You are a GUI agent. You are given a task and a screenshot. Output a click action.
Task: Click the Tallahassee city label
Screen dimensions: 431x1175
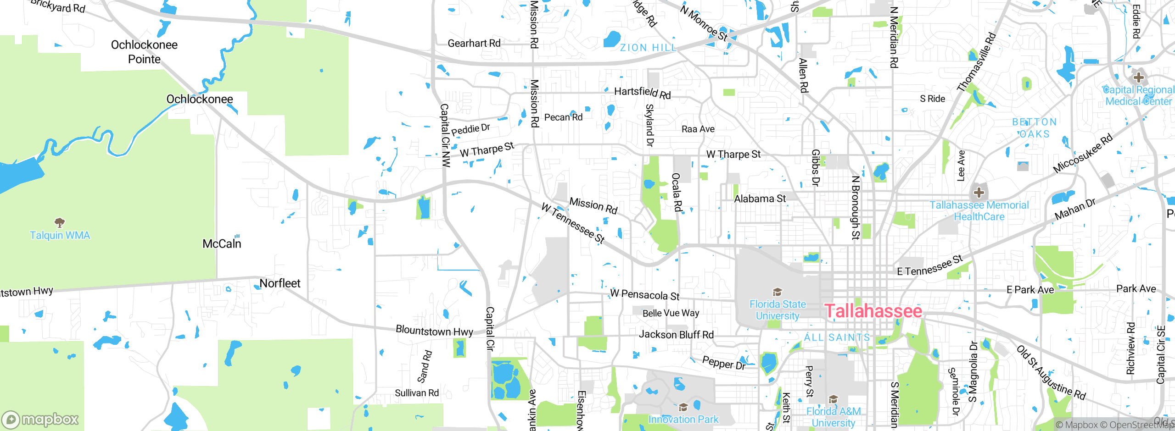coord(873,311)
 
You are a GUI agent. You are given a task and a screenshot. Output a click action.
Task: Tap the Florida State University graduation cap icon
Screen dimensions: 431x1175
coord(777,292)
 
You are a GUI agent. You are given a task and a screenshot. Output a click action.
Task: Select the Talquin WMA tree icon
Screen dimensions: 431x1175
coord(59,223)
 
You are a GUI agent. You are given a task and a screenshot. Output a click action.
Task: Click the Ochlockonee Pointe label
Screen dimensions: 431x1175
coord(144,52)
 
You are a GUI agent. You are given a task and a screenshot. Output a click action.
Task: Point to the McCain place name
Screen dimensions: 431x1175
coord(222,243)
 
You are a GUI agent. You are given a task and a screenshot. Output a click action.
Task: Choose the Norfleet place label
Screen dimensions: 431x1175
coord(280,283)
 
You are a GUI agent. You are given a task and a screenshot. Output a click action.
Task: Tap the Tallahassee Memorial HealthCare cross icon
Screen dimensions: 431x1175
coord(979,192)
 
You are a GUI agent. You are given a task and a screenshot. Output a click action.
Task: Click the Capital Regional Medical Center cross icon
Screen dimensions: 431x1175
coord(1138,77)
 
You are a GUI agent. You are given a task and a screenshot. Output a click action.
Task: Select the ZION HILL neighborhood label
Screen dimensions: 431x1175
coord(648,48)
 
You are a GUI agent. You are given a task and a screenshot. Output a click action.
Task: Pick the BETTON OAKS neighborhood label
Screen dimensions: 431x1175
coord(1035,128)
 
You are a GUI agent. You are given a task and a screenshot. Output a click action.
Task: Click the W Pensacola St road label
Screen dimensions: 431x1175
coord(645,295)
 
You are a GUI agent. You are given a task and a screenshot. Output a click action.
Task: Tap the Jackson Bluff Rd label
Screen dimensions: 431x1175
coord(676,335)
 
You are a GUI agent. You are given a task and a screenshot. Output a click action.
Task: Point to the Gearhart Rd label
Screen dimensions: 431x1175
coord(474,43)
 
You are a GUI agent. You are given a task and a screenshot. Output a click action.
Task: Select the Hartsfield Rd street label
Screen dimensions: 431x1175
coord(643,93)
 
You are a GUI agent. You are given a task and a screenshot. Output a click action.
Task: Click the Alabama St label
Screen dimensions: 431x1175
coord(760,199)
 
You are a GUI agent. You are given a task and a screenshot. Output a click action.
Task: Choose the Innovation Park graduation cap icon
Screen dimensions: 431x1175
coord(683,407)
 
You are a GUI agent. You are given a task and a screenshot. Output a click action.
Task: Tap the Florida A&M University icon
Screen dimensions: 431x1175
coord(833,399)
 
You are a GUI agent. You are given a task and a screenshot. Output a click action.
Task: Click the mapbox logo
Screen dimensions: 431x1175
coord(40,419)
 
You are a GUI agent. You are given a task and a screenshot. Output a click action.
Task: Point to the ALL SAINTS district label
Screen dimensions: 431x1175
coord(837,337)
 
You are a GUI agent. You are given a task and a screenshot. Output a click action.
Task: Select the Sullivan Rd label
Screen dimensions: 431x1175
coord(417,393)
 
